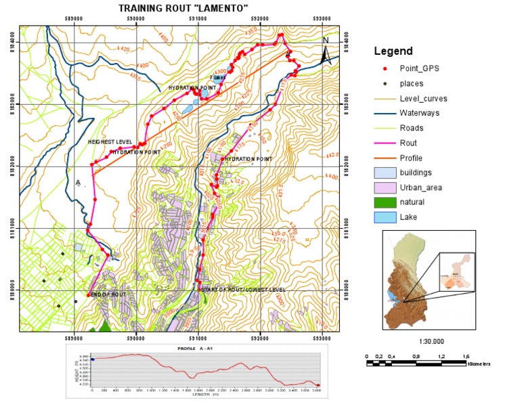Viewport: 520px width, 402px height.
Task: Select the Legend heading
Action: coord(393,51)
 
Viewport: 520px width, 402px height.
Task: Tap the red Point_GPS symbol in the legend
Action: coord(384,69)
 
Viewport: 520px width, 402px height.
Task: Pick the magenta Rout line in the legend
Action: coord(384,143)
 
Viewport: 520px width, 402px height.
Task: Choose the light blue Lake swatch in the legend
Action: coord(384,217)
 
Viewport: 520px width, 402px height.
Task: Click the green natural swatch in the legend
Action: coord(384,202)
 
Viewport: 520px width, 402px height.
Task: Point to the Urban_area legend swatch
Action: coord(384,187)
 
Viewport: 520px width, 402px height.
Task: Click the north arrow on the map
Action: coord(326,51)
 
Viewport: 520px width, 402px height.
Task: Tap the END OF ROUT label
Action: coord(108,295)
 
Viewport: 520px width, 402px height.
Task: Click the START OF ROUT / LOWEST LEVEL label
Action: coord(243,290)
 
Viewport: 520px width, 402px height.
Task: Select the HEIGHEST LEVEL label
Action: coord(110,141)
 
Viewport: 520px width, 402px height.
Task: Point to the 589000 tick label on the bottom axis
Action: coord(73,337)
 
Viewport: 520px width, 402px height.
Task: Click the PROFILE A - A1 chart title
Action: coord(203,348)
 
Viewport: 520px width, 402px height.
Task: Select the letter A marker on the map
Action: coord(78,183)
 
